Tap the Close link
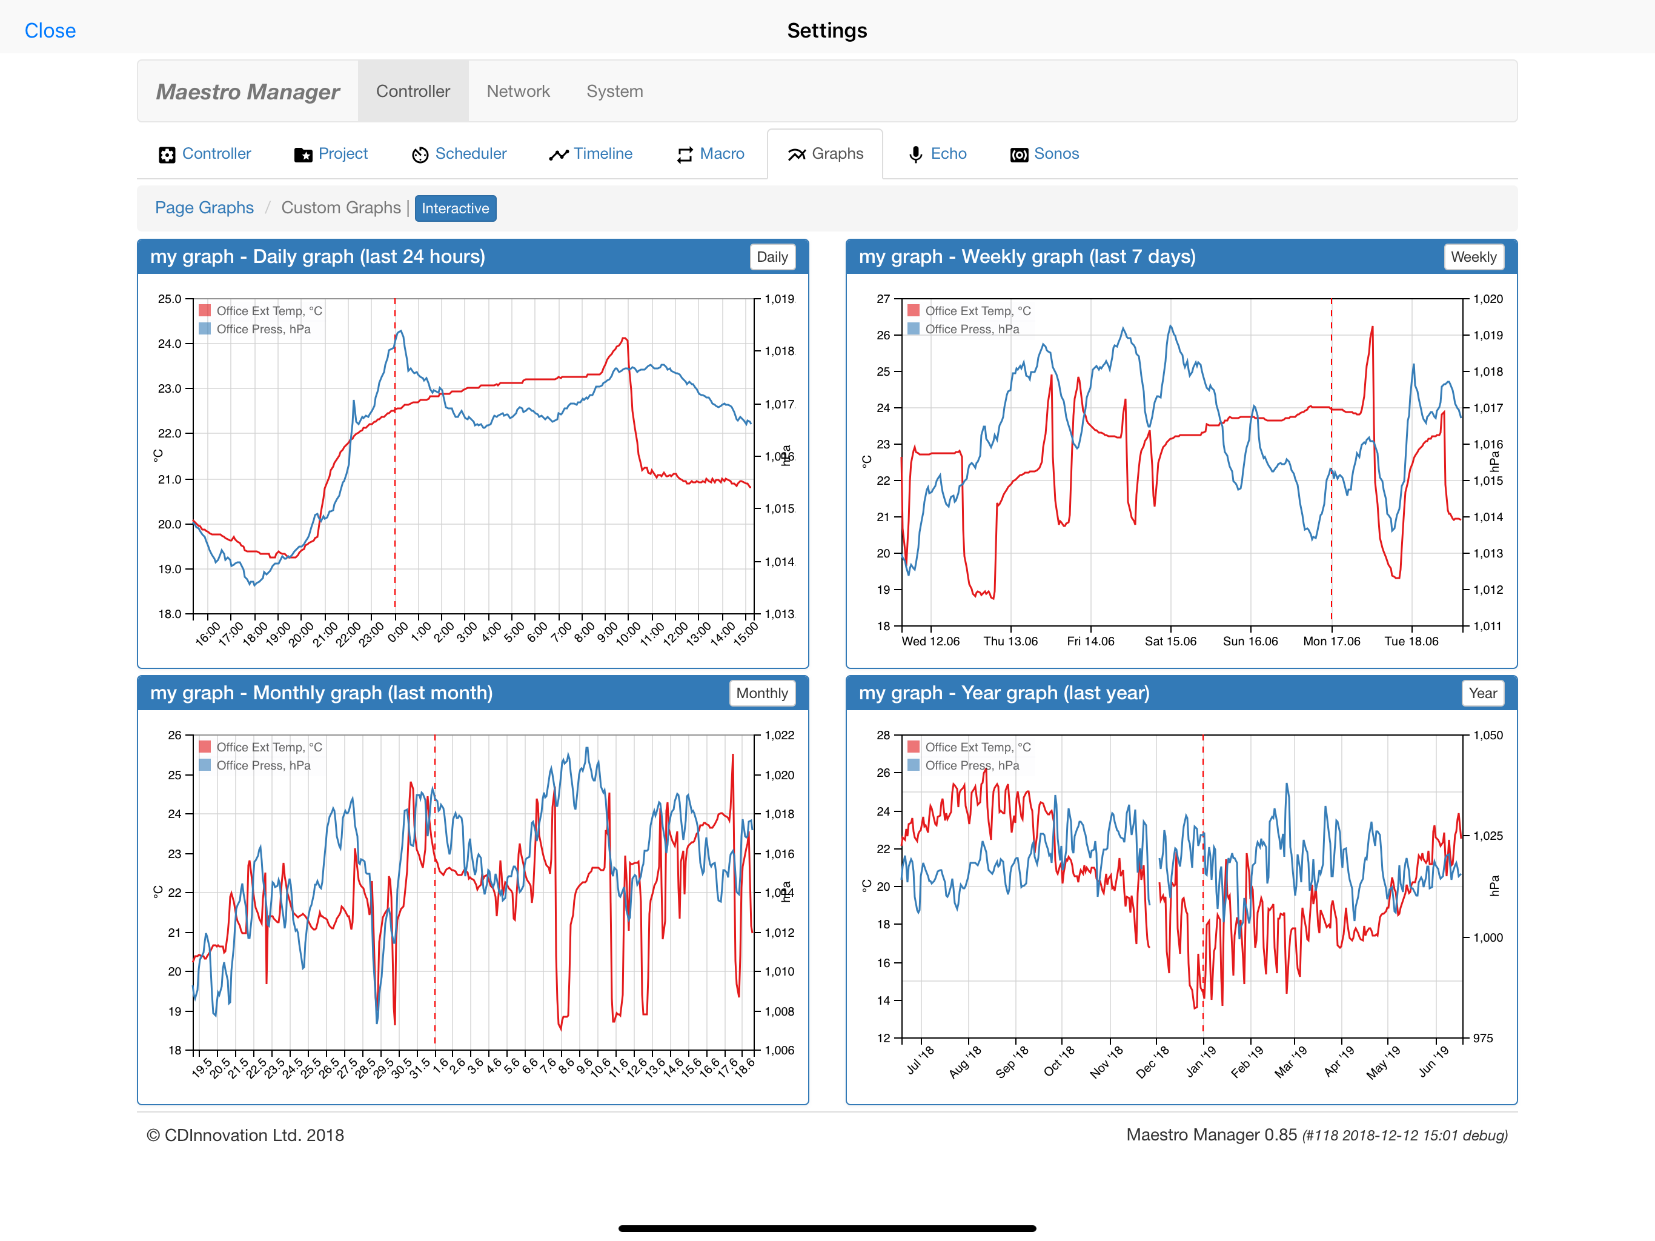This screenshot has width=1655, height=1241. point(50,31)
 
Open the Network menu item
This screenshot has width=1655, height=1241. point(518,91)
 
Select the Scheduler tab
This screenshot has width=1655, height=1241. point(459,153)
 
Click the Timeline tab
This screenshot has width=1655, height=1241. point(590,153)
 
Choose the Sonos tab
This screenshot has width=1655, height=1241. point(1044,153)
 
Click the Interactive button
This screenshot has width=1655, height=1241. point(455,208)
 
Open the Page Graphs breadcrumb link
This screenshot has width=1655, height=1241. point(204,207)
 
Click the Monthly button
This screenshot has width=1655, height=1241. point(761,693)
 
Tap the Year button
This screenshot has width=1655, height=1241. point(1482,693)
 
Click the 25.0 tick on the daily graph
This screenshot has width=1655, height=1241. point(170,299)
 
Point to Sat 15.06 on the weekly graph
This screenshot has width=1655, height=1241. point(1170,642)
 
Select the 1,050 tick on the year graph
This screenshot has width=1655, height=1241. point(1487,735)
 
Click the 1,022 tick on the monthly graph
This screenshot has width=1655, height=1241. point(779,735)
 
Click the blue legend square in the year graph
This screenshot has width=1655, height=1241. point(913,765)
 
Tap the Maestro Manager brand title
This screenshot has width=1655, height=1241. point(248,91)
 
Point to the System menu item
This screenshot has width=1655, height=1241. point(614,91)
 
